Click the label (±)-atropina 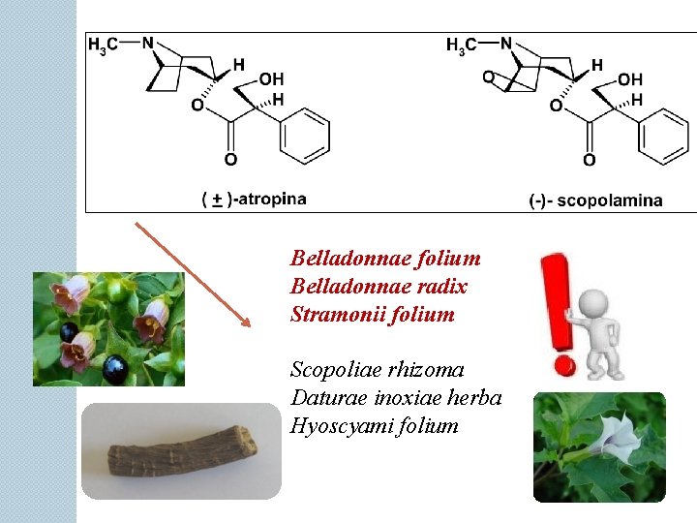point(254,199)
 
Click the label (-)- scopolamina point(595,200)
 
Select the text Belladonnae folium point(385,259)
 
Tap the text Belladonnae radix point(379,287)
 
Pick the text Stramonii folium point(372,314)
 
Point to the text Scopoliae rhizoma point(378,370)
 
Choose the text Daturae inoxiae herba point(395,398)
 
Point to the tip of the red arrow point(249,325)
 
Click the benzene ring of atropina point(304,134)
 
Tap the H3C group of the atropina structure point(104,46)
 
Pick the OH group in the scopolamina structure point(630,78)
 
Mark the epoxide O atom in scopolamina point(488,77)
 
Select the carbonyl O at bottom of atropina point(230,159)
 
